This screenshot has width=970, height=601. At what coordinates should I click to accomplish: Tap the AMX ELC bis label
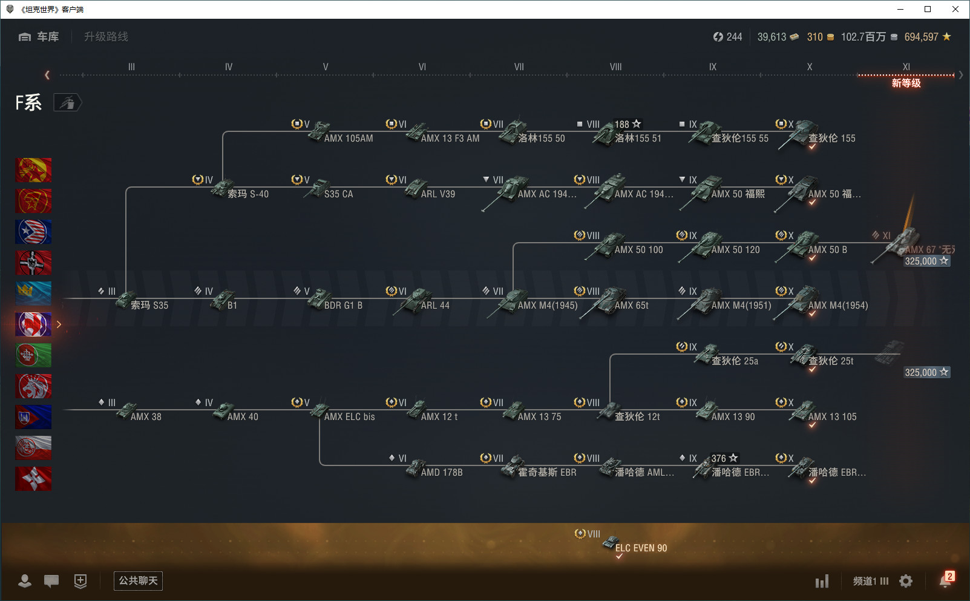349,417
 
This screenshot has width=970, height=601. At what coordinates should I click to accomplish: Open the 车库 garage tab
39,37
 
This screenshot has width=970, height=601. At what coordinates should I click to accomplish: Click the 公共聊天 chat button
138,581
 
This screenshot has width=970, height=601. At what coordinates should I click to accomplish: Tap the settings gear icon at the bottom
906,581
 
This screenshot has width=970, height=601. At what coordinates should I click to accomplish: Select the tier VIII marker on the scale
615,67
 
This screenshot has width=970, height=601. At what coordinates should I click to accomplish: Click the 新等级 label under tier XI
906,84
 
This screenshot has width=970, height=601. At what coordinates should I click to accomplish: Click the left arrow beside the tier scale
47,75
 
